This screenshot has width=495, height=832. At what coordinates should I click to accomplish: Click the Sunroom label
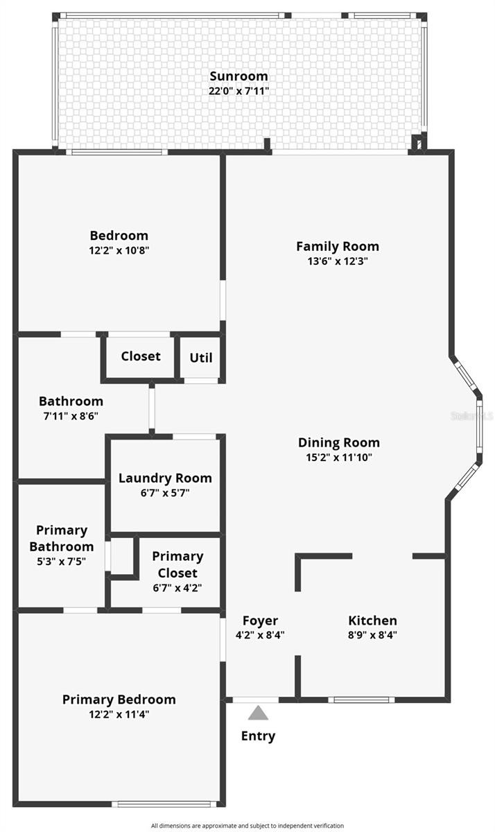click(x=238, y=76)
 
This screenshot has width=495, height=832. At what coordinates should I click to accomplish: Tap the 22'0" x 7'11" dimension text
click(x=238, y=91)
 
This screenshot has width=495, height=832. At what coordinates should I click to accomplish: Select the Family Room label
click(x=338, y=246)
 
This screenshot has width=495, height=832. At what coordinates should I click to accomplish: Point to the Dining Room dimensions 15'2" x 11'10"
click(x=339, y=457)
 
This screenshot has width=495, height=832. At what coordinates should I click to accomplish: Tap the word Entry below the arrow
click(x=258, y=736)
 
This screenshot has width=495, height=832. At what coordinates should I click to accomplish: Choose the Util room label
click(x=201, y=358)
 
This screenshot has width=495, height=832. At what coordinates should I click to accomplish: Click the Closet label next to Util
click(x=141, y=356)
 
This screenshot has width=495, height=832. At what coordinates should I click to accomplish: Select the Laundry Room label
click(x=165, y=478)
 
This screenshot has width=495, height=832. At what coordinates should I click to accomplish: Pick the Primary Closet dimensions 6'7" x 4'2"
click(x=177, y=588)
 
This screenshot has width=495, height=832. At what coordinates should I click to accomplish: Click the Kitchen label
click(x=372, y=621)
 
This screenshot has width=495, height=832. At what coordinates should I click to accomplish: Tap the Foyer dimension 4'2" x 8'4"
click(x=260, y=635)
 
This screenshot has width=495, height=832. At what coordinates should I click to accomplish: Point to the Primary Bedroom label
click(x=119, y=700)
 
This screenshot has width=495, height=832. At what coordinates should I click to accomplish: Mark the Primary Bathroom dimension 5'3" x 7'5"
click(x=61, y=561)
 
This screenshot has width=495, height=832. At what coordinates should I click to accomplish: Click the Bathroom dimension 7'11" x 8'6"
click(x=71, y=416)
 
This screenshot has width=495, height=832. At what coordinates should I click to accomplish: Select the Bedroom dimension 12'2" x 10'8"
click(x=119, y=250)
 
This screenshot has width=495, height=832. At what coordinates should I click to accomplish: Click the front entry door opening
click(x=256, y=700)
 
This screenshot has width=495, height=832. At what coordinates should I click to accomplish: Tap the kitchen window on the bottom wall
click(x=361, y=700)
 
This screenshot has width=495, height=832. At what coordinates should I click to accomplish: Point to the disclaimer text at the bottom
click(x=247, y=826)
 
